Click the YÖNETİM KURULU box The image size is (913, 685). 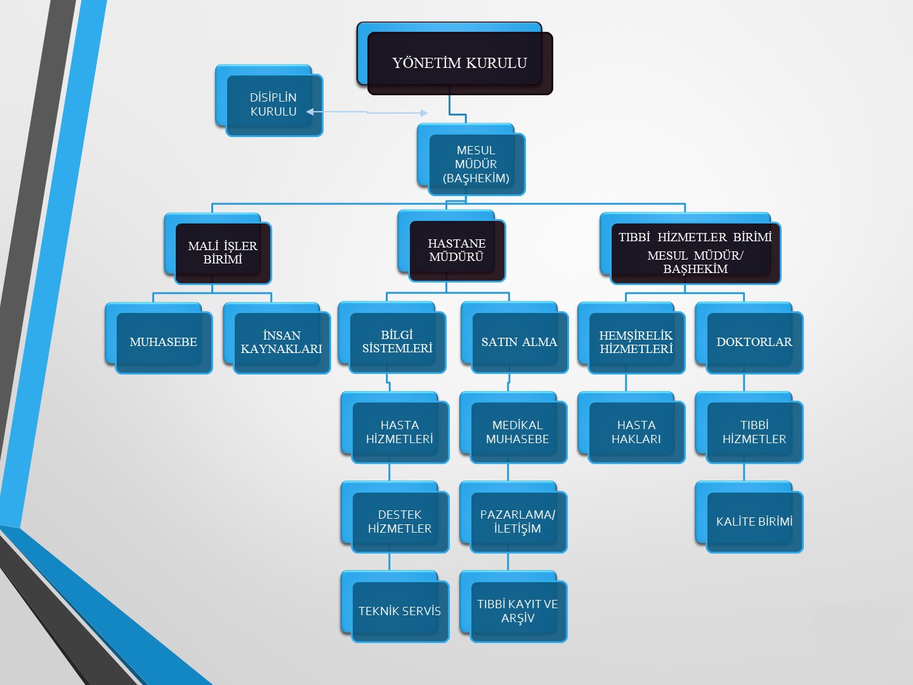tap(459, 63)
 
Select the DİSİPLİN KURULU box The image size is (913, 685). tap(273, 105)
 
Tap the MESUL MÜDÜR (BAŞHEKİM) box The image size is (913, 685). tap(476, 164)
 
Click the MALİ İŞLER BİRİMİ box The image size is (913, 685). tap(222, 253)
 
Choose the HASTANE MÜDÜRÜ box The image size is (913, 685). tap(457, 250)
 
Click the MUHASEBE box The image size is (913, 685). tap(163, 342)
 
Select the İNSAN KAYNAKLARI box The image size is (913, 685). tap(282, 342)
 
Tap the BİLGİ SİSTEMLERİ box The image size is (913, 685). tap(397, 342)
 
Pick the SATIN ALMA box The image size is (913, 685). tap(519, 342)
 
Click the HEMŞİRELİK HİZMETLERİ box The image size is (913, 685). tap(636, 342)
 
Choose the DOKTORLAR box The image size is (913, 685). tap(754, 342)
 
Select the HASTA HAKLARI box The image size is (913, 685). tap(636, 432)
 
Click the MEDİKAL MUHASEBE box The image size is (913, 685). tap(518, 432)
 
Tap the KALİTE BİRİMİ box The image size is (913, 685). tap(754, 521)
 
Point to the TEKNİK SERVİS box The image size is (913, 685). tap(400, 611)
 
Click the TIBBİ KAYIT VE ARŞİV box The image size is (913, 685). tap(518, 611)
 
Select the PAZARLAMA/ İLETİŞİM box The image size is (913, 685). tap(518, 521)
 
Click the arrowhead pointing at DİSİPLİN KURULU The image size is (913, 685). tap(310, 112)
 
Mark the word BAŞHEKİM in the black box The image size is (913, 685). tap(695, 269)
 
